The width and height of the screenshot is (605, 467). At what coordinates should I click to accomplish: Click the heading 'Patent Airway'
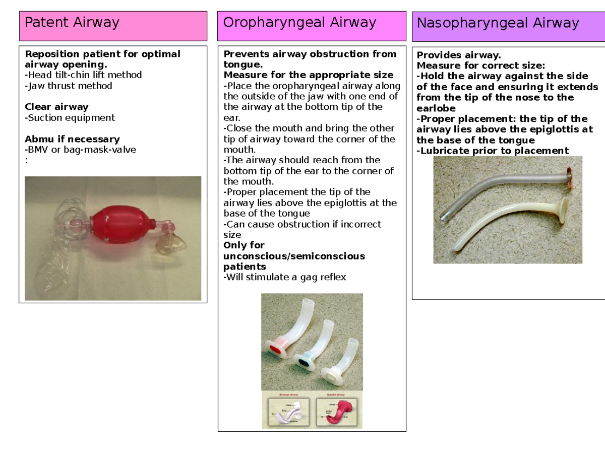(72, 23)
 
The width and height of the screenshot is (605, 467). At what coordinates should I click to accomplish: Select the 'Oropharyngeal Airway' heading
(299, 23)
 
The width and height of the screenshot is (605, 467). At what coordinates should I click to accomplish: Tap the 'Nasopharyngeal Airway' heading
(498, 23)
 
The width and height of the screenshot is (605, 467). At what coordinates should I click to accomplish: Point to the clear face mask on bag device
(173, 244)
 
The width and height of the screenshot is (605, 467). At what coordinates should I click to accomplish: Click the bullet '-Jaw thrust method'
(69, 86)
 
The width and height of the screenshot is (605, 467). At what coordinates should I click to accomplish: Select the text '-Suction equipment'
(70, 118)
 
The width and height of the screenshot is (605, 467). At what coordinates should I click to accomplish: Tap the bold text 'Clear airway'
(56, 107)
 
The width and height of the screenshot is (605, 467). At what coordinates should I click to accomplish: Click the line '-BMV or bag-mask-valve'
(80, 150)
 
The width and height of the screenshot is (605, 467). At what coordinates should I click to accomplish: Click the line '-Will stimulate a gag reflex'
(284, 277)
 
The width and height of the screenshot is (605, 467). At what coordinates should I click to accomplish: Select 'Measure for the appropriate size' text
(308, 75)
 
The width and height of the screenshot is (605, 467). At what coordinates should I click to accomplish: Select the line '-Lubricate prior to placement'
(492, 151)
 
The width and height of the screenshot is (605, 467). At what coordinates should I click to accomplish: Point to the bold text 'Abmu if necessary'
(72, 139)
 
